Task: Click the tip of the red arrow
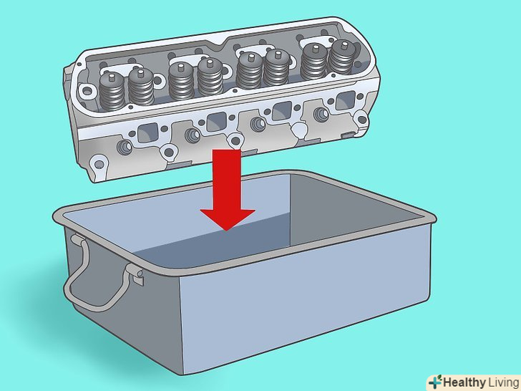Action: [227, 230]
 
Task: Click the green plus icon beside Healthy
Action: [436, 382]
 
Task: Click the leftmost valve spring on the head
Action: [112, 92]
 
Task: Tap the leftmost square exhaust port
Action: [147, 132]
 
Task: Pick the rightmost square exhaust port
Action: [346, 100]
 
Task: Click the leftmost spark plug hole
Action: [125, 148]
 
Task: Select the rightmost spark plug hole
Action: [321, 115]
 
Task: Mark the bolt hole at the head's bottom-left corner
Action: [99, 164]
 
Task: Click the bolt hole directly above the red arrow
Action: [235, 141]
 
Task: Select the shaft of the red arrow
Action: [227, 180]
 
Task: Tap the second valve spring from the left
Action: [141, 86]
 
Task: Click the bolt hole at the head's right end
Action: [361, 119]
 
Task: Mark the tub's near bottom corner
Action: [183, 374]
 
